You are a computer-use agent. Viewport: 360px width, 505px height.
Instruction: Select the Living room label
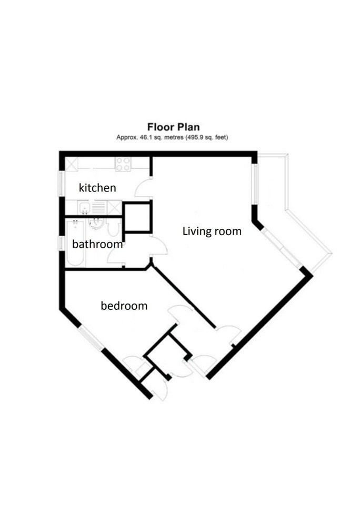(212, 231)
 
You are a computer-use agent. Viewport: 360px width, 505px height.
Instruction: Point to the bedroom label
(124, 306)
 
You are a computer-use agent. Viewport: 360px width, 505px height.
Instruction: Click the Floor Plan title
(173, 127)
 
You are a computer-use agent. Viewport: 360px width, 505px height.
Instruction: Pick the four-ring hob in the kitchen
(123, 164)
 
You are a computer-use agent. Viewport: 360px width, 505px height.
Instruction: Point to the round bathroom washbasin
(95, 225)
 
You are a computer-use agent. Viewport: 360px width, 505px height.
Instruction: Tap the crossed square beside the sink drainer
(114, 208)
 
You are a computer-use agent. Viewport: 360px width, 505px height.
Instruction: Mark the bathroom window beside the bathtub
(61, 245)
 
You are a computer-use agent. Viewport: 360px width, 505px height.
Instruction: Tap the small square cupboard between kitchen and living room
(137, 216)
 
